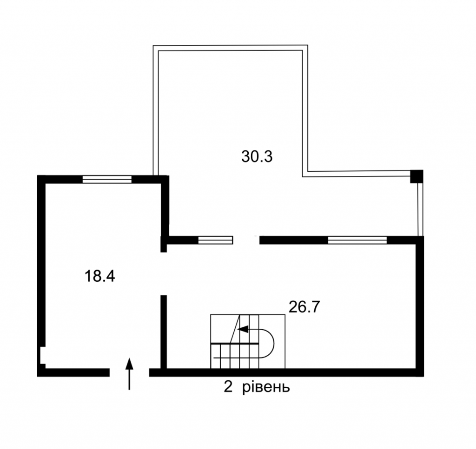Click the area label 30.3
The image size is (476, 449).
click(x=257, y=157)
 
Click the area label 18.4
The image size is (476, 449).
click(x=100, y=276)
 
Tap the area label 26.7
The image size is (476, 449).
click(x=304, y=307)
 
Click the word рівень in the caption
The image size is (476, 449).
click(x=266, y=387)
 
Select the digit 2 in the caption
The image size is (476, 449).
click(x=228, y=387)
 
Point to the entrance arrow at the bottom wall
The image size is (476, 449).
click(x=130, y=373)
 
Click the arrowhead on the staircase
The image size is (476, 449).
click(x=243, y=329)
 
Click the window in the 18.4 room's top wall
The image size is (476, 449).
click(x=107, y=179)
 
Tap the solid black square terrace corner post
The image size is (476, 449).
click(x=416, y=176)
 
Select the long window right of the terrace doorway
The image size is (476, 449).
click(x=357, y=240)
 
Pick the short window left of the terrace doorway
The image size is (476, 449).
click(x=216, y=240)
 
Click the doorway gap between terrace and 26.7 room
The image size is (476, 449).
click(x=246, y=240)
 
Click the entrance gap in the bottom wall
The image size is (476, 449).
click(x=129, y=372)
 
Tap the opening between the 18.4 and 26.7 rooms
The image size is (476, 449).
click(x=164, y=273)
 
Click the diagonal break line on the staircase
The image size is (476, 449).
click(x=235, y=329)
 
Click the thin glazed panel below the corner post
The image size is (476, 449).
click(x=420, y=209)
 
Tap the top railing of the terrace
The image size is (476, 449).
click(x=230, y=48)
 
